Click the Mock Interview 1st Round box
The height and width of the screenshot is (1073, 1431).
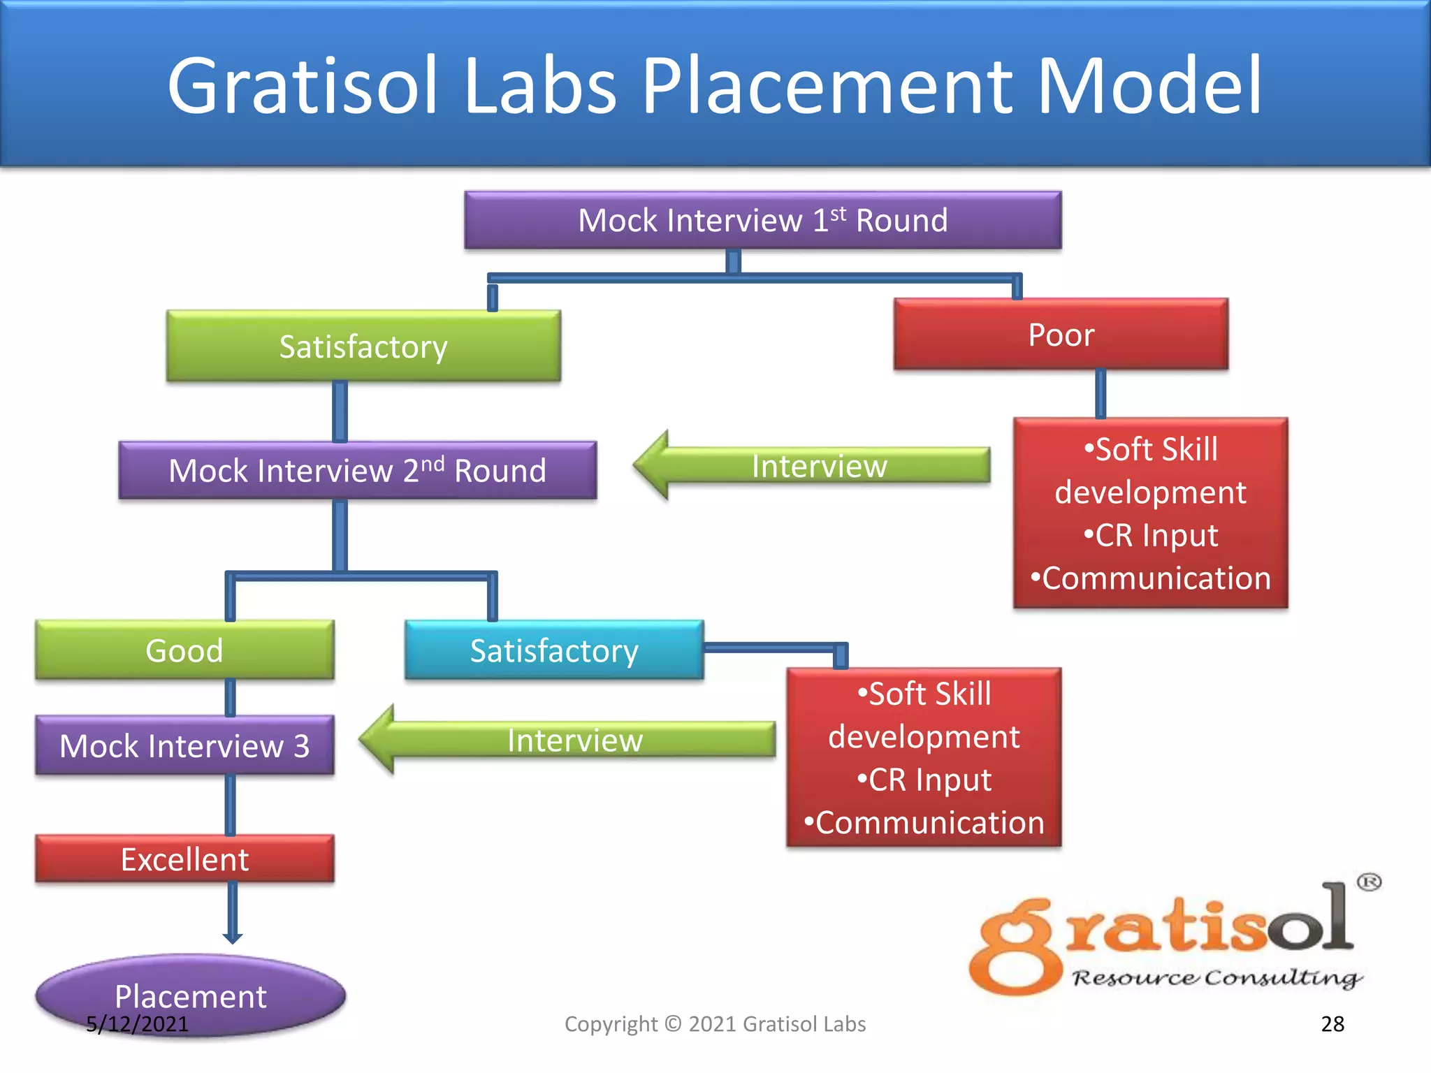[x=762, y=220]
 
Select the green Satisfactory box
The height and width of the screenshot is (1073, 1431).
[x=363, y=346]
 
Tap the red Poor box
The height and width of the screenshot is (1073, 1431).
[x=1061, y=335]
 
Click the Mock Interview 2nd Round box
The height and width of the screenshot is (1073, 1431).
[x=357, y=470]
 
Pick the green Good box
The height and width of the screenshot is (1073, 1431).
[x=184, y=650]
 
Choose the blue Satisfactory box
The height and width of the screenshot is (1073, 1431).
[x=554, y=650]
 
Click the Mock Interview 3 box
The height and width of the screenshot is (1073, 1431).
[x=184, y=745]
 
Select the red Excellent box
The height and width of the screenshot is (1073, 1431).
[x=184, y=859]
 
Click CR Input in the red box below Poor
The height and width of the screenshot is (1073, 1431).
[x=1151, y=536]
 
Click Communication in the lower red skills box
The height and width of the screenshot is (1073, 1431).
[x=924, y=823]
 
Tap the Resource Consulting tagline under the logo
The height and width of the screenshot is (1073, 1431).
[x=1216, y=978]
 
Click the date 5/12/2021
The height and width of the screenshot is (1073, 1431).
[x=137, y=1024]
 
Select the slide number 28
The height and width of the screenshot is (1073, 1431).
[x=1332, y=1024]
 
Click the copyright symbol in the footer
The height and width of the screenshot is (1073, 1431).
[x=673, y=1024]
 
